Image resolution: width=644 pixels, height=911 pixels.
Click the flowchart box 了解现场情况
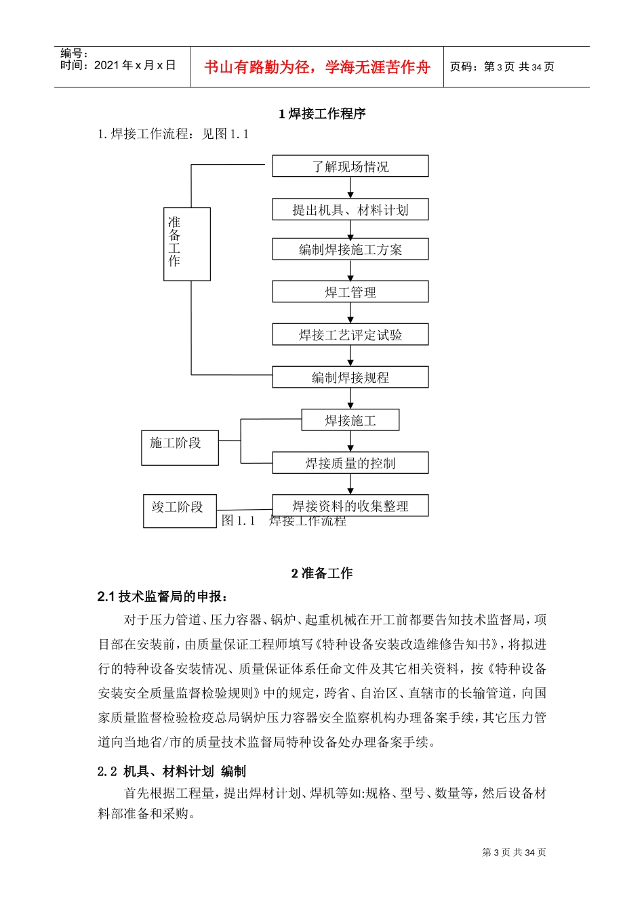point(350,166)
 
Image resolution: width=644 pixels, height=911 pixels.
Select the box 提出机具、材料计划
point(350,209)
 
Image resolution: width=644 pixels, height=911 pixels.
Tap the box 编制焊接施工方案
point(350,249)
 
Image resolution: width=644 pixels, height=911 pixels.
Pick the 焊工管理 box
point(350,292)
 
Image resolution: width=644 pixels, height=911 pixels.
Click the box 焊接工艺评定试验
point(350,335)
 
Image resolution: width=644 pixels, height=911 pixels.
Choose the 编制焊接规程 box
point(350,378)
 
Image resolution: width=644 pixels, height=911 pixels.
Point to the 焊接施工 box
point(350,420)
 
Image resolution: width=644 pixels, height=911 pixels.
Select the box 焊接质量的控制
point(350,463)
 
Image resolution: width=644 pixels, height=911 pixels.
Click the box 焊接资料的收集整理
point(350,506)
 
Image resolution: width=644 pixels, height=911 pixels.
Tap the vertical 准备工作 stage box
point(187,244)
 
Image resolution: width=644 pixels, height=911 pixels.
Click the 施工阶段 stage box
point(180,447)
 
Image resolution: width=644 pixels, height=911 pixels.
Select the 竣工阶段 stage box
point(180,511)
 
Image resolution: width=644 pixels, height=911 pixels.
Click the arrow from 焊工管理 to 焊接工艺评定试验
point(350,313)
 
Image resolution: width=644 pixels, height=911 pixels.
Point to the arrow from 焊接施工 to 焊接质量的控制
point(350,441)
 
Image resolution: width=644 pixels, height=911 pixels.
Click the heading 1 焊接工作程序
point(322,114)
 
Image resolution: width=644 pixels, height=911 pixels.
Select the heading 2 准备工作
point(322,573)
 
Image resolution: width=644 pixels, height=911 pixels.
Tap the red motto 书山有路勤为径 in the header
point(317,67)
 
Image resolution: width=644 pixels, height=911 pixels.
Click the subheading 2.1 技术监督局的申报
point(163,596)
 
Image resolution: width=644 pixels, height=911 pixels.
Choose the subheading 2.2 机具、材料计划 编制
point(172,771)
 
